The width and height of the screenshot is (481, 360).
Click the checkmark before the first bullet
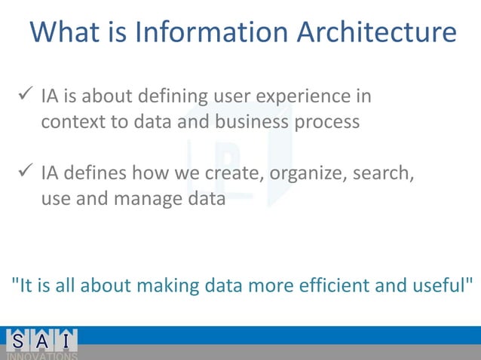(23, 96)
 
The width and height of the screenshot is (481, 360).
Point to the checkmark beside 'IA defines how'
(23, 174)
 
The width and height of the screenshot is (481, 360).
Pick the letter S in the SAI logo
(17, 340)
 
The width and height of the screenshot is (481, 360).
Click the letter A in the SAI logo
(43, 340)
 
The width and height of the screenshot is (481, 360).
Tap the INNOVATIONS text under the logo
(42, 355)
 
